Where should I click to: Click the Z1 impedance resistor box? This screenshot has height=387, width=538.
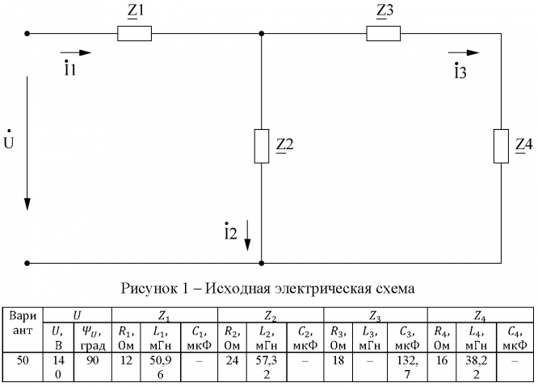coord(134,34)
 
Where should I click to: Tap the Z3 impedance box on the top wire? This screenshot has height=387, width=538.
coord(383,34)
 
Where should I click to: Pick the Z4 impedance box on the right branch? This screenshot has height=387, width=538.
coord(502,145)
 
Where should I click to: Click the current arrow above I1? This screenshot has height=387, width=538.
coord(81,52)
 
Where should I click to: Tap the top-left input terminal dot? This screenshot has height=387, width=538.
coord(27,34)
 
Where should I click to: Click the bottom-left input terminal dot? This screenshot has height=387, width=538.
coord(27,263)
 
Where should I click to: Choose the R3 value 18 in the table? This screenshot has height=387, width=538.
coord(336,360)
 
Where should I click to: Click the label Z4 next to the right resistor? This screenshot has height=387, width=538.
coord(524,145)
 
